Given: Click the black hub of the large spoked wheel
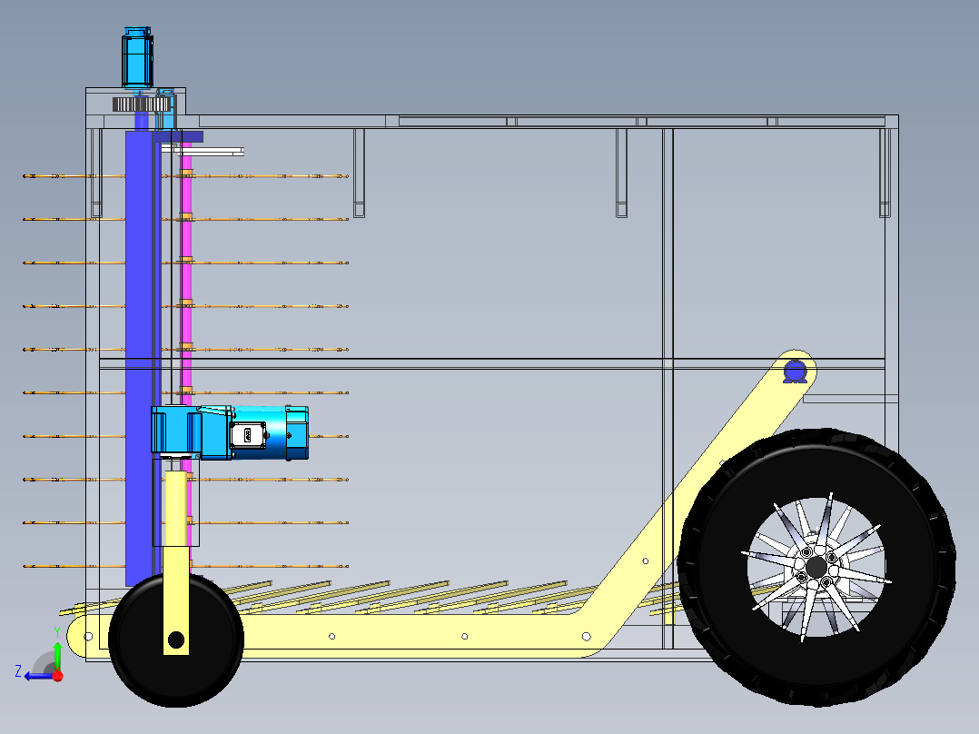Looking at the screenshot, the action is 816,568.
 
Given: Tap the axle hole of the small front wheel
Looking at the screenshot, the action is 176,640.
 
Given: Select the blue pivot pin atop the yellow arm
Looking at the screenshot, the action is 795,372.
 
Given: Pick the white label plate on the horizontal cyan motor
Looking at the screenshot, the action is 247,435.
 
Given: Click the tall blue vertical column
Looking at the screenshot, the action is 140,357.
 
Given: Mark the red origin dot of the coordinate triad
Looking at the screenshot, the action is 58,676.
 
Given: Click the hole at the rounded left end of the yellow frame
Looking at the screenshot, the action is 88,637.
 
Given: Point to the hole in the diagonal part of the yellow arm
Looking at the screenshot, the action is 646,561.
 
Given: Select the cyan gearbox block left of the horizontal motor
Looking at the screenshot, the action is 175,430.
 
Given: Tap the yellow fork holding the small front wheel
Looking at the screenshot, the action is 176,562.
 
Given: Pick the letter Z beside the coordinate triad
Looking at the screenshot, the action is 18,671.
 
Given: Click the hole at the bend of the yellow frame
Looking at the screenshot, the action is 587,637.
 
